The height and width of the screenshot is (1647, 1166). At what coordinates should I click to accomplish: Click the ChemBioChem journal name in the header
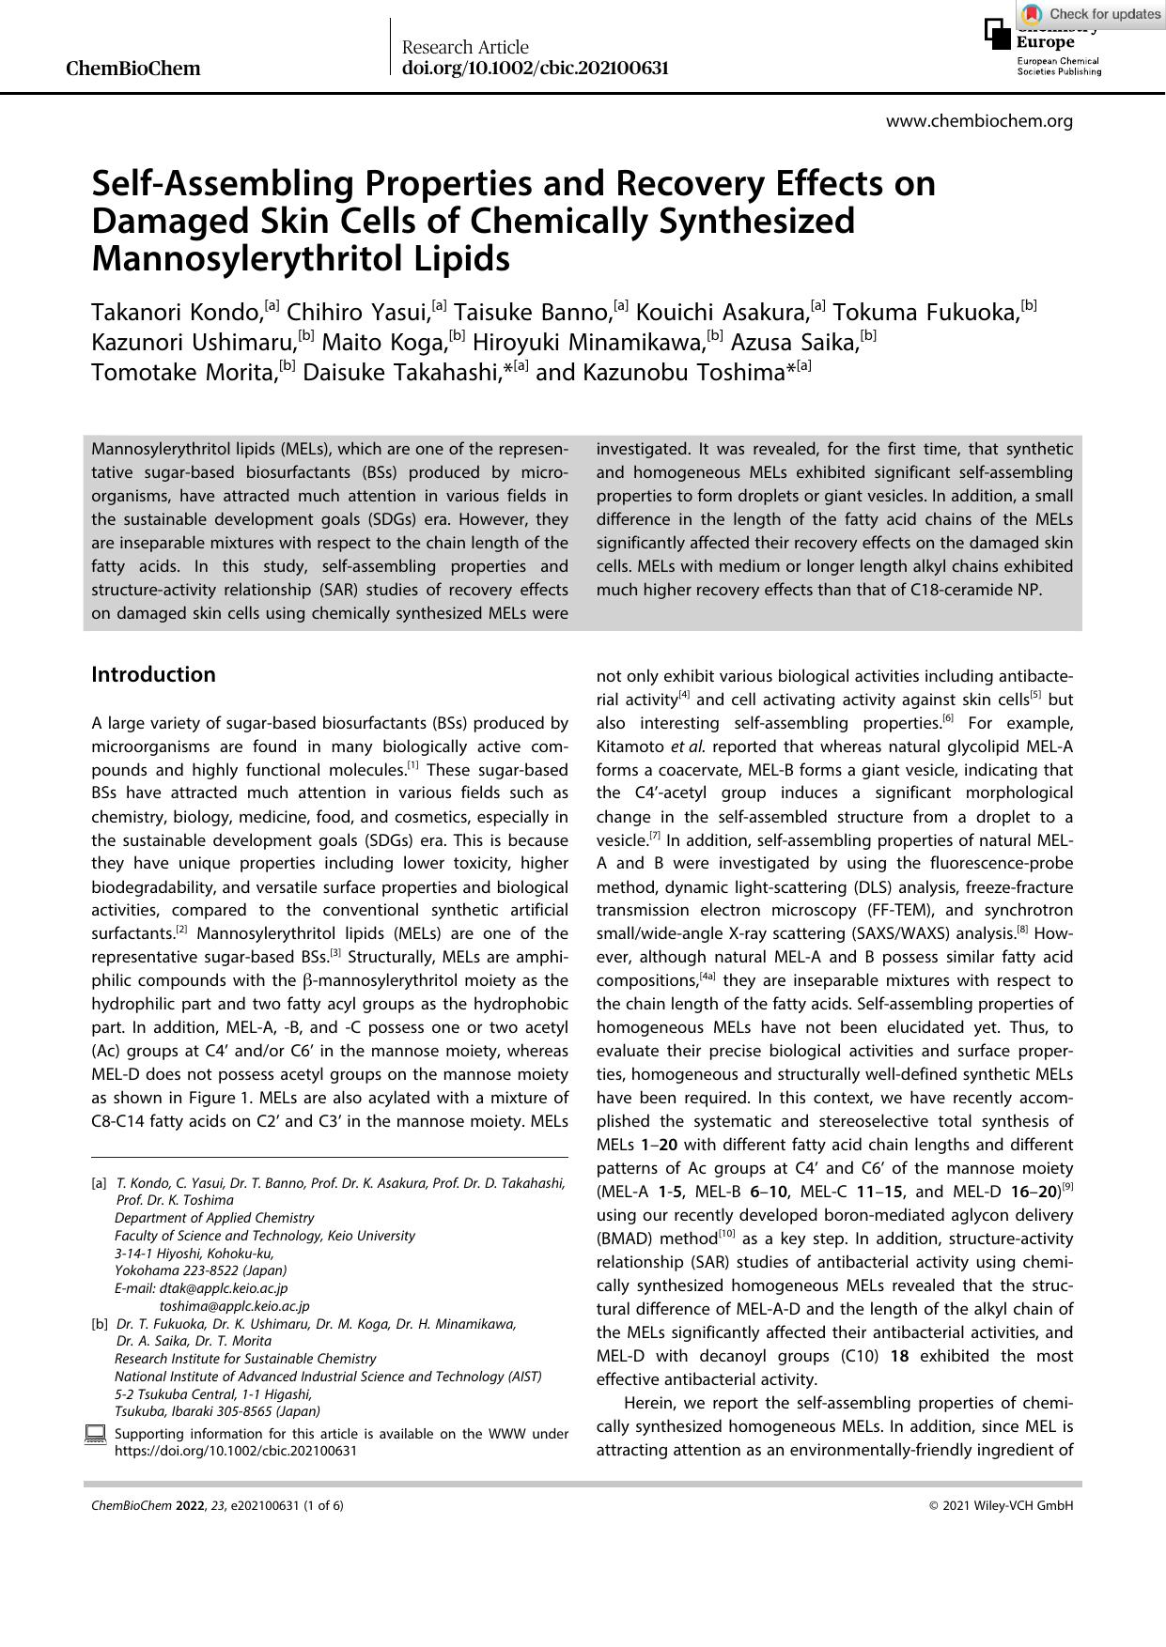tap(132, 69)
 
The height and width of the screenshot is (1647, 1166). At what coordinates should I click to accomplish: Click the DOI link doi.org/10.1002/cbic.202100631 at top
tap(535, 68)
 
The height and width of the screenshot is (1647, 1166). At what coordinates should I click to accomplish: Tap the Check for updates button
tap(1092, 13)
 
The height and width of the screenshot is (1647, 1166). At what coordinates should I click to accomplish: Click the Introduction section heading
tap(153, 674)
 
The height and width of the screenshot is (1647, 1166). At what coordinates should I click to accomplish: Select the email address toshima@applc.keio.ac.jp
tap(234, 1305)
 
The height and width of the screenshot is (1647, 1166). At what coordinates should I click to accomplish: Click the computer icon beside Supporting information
tap(95, 1434)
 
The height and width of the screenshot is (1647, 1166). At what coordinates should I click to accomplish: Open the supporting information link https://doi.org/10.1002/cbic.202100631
tap(235, 1450)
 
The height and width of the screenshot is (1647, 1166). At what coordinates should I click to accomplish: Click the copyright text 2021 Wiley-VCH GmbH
tap(1006, 1505)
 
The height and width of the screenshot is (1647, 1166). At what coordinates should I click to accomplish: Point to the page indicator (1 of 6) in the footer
tap(323, 1505)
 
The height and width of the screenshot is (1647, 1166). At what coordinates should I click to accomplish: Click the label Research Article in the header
tap(465, 47)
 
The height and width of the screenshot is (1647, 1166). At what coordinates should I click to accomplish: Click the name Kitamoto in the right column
tap(629, 747)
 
